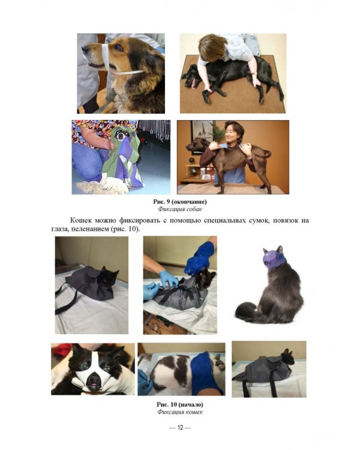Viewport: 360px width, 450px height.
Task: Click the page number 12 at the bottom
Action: (x=180, y=428)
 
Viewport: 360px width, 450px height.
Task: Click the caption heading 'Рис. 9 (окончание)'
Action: (x=180, y=202)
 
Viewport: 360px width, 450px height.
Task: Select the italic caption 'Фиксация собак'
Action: (x=180, y=209)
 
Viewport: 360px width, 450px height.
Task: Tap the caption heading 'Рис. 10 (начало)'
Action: (x=180, y=404)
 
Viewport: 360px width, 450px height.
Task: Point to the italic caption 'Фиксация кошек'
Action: (x=180, y=412)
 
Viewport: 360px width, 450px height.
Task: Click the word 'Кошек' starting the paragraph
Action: (x=81, y=220)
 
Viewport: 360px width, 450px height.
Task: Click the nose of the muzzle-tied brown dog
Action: (x=85, y=49)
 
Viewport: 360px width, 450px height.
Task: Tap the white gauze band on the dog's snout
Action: (x=106, y=58)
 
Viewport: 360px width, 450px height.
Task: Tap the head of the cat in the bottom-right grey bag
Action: (x=287, y=358)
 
